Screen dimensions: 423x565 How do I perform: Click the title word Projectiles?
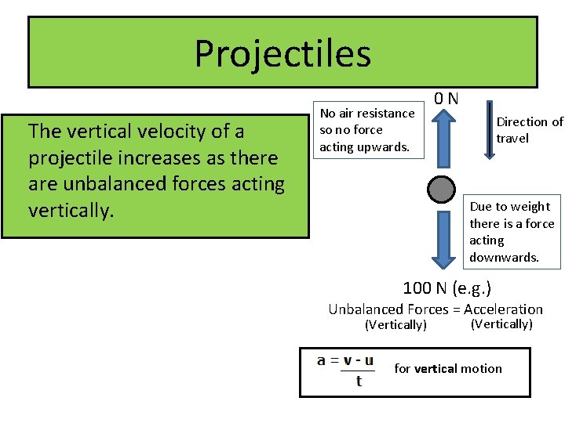pyautogui.click(x=282, y=53)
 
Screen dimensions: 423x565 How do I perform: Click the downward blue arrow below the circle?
pyautogui.click(x=443, y=239)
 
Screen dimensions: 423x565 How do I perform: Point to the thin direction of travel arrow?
pyautogui.click(x=489, y=128)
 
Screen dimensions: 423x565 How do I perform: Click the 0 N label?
pyautogui.click(x=447, y=99)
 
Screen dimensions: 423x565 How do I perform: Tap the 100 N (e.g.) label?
pyautogui.click(x=447, y=288)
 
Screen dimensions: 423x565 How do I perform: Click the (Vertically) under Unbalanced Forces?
pyautogui.click(x=396, y=325)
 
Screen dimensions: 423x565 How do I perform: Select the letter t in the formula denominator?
pyautogui.click(x=359, y=381)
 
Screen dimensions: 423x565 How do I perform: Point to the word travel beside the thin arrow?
pyautogui.click(x=512, y=139)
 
